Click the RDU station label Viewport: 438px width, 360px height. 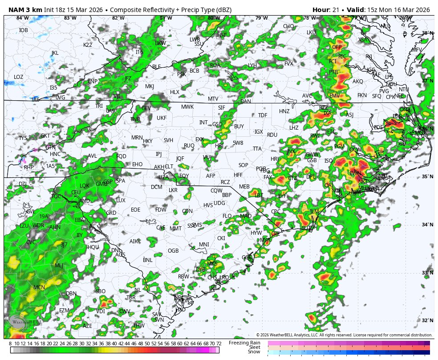coord(272,135)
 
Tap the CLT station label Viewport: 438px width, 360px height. coord(169,167)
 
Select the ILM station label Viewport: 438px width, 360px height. coord(314,211)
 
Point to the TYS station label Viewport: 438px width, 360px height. coord(23,138)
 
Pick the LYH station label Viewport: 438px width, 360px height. coord(252,66)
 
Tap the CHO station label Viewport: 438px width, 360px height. coord(288,26)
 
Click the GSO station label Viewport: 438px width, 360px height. coord(217,124)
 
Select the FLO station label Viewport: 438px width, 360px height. coord(227,216)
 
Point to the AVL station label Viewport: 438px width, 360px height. coord(92,156)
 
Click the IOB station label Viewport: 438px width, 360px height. coord(23,30)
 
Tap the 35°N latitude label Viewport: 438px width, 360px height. coord(427,177)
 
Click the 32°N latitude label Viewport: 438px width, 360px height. coord(427,321)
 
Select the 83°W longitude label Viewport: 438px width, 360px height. coord(70,18)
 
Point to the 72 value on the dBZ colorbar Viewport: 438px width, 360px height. coord(219,344)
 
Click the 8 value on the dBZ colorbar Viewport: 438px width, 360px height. coord(10,344)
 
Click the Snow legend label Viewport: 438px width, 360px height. coord(254,352)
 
